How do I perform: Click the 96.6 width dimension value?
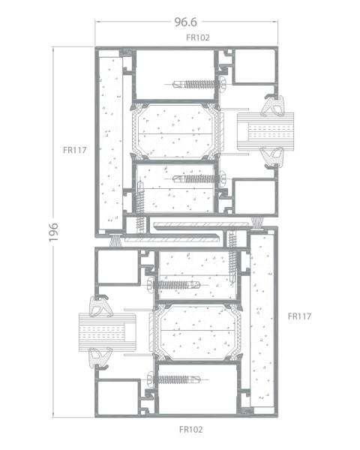click(186, 22)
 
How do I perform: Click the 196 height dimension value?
click(53, 232)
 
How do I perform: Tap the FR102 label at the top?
click(198, 37)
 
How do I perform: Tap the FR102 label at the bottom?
click(191, 430)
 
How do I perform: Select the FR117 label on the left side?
click(75, 150)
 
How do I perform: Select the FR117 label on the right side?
click(299, 316)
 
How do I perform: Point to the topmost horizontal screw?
click(199, 84)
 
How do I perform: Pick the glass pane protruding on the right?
click(265, 131)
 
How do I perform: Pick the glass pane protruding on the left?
click(107, 332)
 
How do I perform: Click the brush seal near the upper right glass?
click(257, 222)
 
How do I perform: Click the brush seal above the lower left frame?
click(116, 240)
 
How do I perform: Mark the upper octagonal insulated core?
click(175, 130)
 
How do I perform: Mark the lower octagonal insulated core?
click(197, 331)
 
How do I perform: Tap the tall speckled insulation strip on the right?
click(262, 321)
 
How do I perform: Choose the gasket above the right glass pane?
click(274, 106)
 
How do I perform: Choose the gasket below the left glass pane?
click(100, 358)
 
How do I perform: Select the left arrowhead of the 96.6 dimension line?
click(97, 22)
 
